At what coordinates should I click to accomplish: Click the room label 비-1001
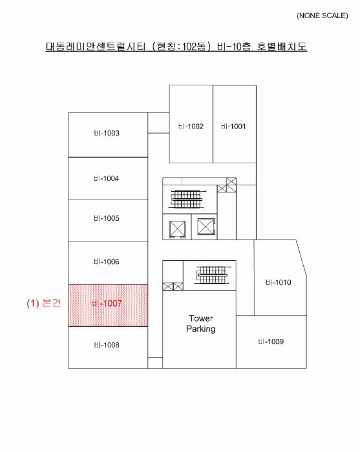pos(233,127)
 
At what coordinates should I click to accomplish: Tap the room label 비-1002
pos(191,127)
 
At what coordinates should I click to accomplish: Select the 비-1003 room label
pos(107,133)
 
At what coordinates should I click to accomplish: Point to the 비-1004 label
pos(106,178)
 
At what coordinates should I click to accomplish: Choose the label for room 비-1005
pos(107,218)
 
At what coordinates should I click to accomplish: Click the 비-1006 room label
pos(107,262)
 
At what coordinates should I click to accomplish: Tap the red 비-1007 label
pos(107,303)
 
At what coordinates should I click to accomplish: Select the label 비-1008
pos(107,345)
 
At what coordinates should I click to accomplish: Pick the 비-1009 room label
pos(271,342)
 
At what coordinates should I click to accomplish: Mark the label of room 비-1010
pos(279,282)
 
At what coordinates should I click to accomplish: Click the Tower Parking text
pos(201,324)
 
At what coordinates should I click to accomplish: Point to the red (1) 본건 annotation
pos(44,303)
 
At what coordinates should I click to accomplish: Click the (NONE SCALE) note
pos(323,15)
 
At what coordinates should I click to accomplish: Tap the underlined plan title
pos(176,46)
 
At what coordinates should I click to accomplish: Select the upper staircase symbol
pos(187,199)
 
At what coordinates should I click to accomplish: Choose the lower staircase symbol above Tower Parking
pos(212,275)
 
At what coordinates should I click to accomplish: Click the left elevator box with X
pos(177,229)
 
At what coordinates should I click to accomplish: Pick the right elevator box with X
pos(206,227)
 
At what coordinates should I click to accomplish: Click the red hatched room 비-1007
pos(108,305)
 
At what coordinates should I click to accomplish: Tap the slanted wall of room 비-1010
pos(301,258)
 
